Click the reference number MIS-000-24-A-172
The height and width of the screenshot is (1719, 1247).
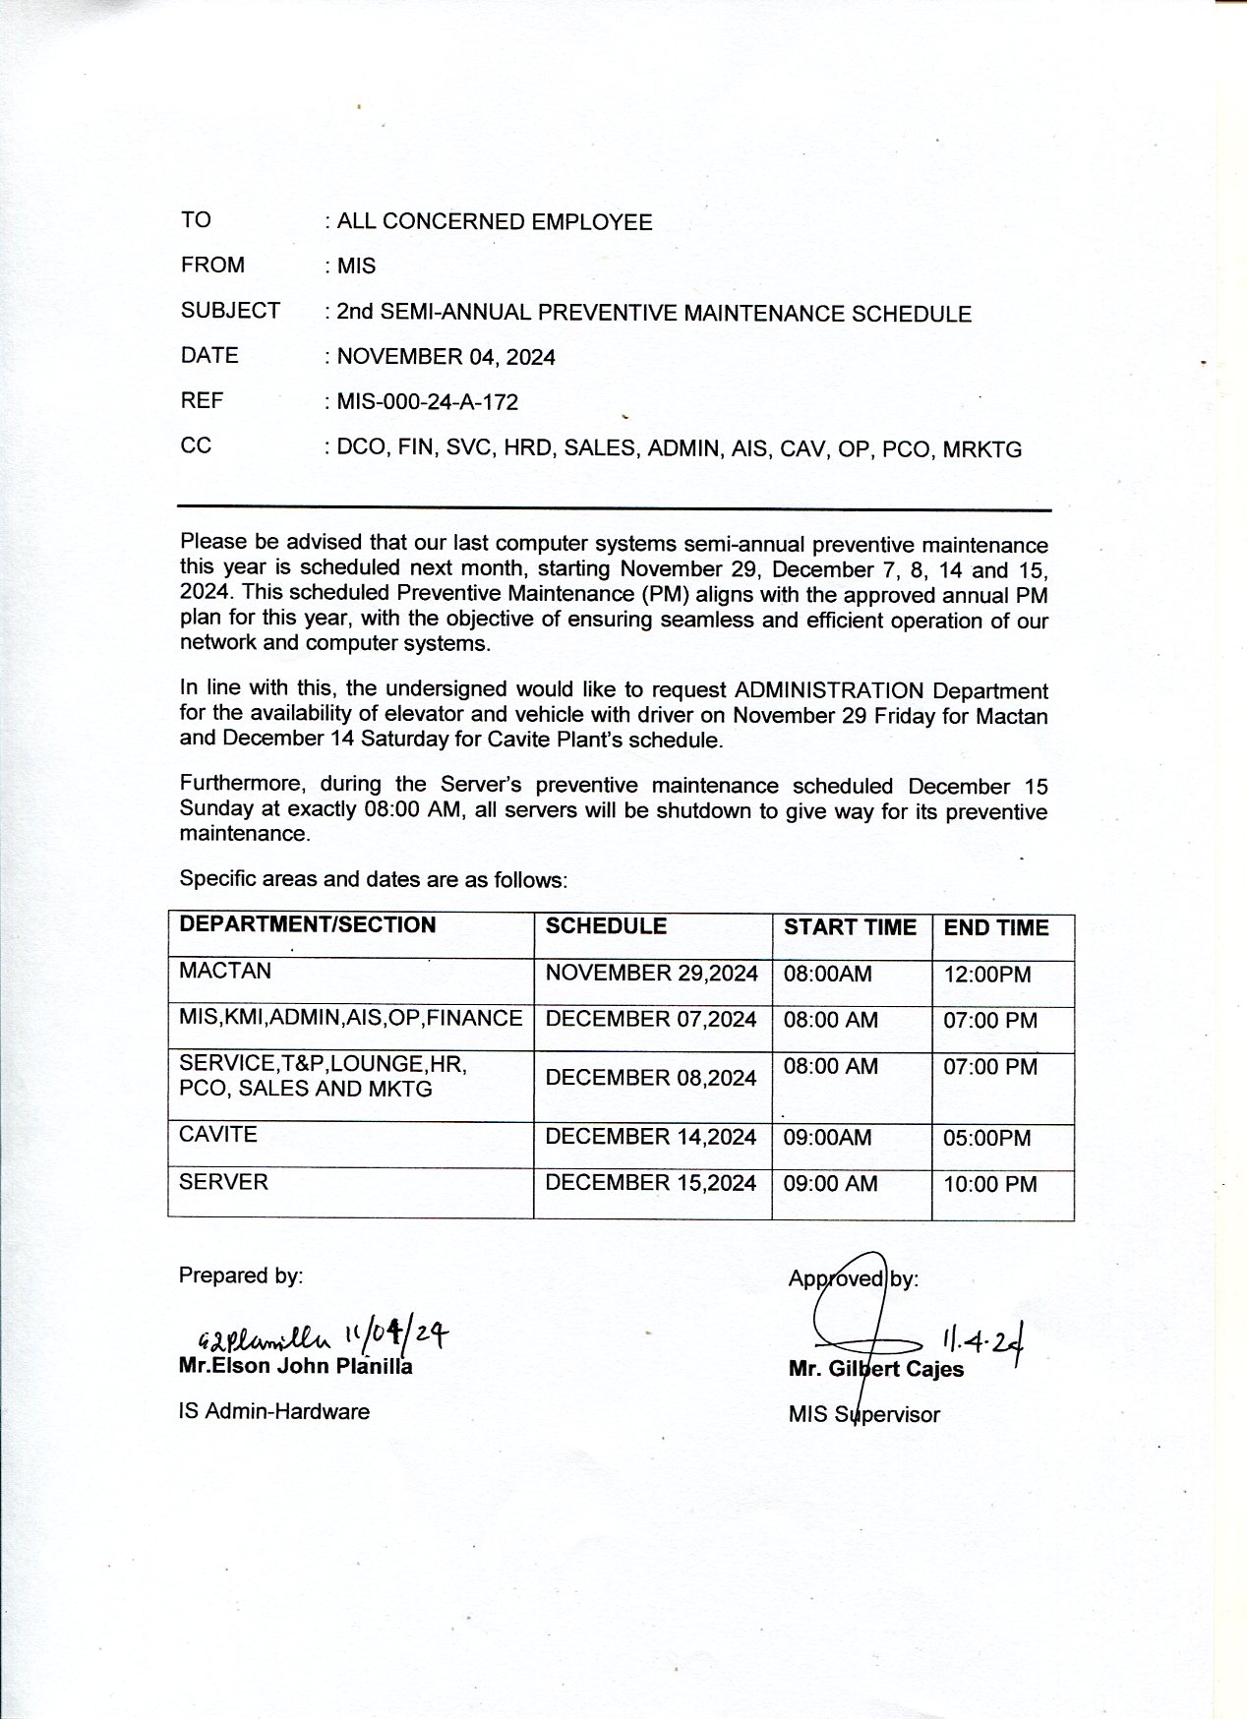(427, 402)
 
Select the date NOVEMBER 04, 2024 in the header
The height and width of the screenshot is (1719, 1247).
(445, 357)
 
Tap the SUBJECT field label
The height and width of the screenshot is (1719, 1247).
(230, 311)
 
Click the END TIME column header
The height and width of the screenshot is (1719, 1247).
(995, 927)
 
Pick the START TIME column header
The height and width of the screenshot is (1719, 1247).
(849, 927)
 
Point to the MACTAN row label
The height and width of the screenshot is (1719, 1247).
(225, 971)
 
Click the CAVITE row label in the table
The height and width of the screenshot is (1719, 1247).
(218, 1134)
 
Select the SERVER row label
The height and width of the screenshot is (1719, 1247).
(223, 1181)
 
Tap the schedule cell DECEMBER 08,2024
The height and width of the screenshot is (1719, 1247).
(650, 1078)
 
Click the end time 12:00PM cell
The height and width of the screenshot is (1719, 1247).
(987, 975)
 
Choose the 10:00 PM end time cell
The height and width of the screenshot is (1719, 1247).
(989, 1184)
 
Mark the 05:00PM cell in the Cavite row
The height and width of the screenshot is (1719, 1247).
(987, 1138)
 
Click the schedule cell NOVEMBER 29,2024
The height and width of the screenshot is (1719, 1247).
(651, 974)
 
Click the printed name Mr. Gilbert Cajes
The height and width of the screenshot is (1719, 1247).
(875, 1369)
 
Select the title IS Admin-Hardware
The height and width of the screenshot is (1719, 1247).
(274, 1411)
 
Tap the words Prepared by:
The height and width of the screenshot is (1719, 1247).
(241, 1275)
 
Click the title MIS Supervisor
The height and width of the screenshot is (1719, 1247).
(863, 1414)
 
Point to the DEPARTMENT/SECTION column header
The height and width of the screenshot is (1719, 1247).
(307, 924)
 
